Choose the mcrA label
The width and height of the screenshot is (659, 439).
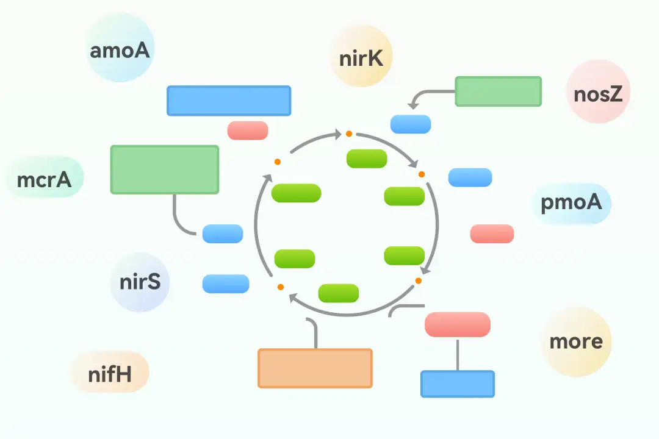[44, 179]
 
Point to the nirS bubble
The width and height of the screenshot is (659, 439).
[140, 282]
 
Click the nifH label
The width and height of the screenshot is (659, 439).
[110, 373]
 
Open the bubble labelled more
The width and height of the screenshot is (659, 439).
[576, 341]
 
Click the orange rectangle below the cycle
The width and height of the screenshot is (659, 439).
[315, 368]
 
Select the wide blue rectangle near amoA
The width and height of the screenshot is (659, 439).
[229, 101]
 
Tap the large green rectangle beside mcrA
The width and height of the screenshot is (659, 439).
[164, 170]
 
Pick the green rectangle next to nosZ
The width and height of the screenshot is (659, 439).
[498, 91]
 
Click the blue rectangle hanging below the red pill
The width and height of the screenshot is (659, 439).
[457, 384]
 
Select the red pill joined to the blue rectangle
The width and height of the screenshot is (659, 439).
[457, 324]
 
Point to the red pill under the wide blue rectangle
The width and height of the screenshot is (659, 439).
[248, 130]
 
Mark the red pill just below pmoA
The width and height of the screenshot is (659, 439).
[492, 234]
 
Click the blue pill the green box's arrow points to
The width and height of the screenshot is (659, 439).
[411, 124]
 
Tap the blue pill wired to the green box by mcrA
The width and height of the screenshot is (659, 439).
[223, 234]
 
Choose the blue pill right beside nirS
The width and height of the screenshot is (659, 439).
[226, 284]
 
